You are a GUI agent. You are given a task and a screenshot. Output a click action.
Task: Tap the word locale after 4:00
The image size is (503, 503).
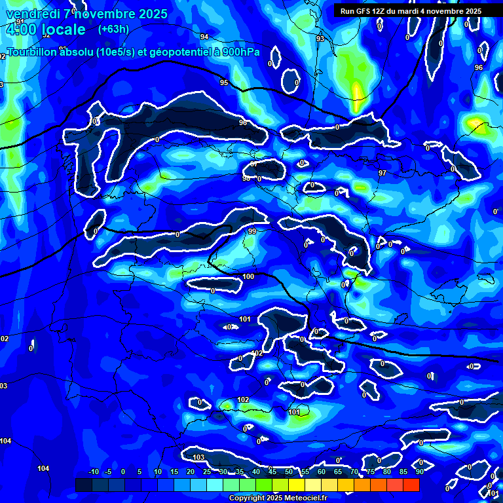coord(62,29)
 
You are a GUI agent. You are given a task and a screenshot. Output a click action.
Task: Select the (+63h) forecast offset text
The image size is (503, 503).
coord(113,29)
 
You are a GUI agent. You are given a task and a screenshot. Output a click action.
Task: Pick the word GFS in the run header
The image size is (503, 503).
coord(365,11)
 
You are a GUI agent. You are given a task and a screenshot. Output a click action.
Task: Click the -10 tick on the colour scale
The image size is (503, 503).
coord(93,472)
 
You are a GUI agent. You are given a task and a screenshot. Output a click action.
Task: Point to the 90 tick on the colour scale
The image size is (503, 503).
coord(419,472)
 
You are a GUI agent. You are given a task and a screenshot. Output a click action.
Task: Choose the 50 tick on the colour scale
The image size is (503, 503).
coord(289,472)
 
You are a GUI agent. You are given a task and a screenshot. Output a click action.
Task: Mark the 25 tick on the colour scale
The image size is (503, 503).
coord(207,472)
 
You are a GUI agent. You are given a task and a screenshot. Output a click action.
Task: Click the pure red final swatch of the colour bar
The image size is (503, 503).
coord(411,485)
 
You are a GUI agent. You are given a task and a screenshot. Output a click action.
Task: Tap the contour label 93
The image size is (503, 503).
coord(320,39)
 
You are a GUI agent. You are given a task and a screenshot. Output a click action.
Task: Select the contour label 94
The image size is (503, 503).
coord(204,37)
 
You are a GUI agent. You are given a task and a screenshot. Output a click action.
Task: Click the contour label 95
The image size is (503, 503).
coord(224,83)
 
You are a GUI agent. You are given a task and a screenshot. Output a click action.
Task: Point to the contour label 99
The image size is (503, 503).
coord(252,231)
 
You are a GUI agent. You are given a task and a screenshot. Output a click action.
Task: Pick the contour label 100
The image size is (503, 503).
coord(248,277)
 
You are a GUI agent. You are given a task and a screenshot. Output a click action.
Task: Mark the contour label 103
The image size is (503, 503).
coord(199,457)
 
